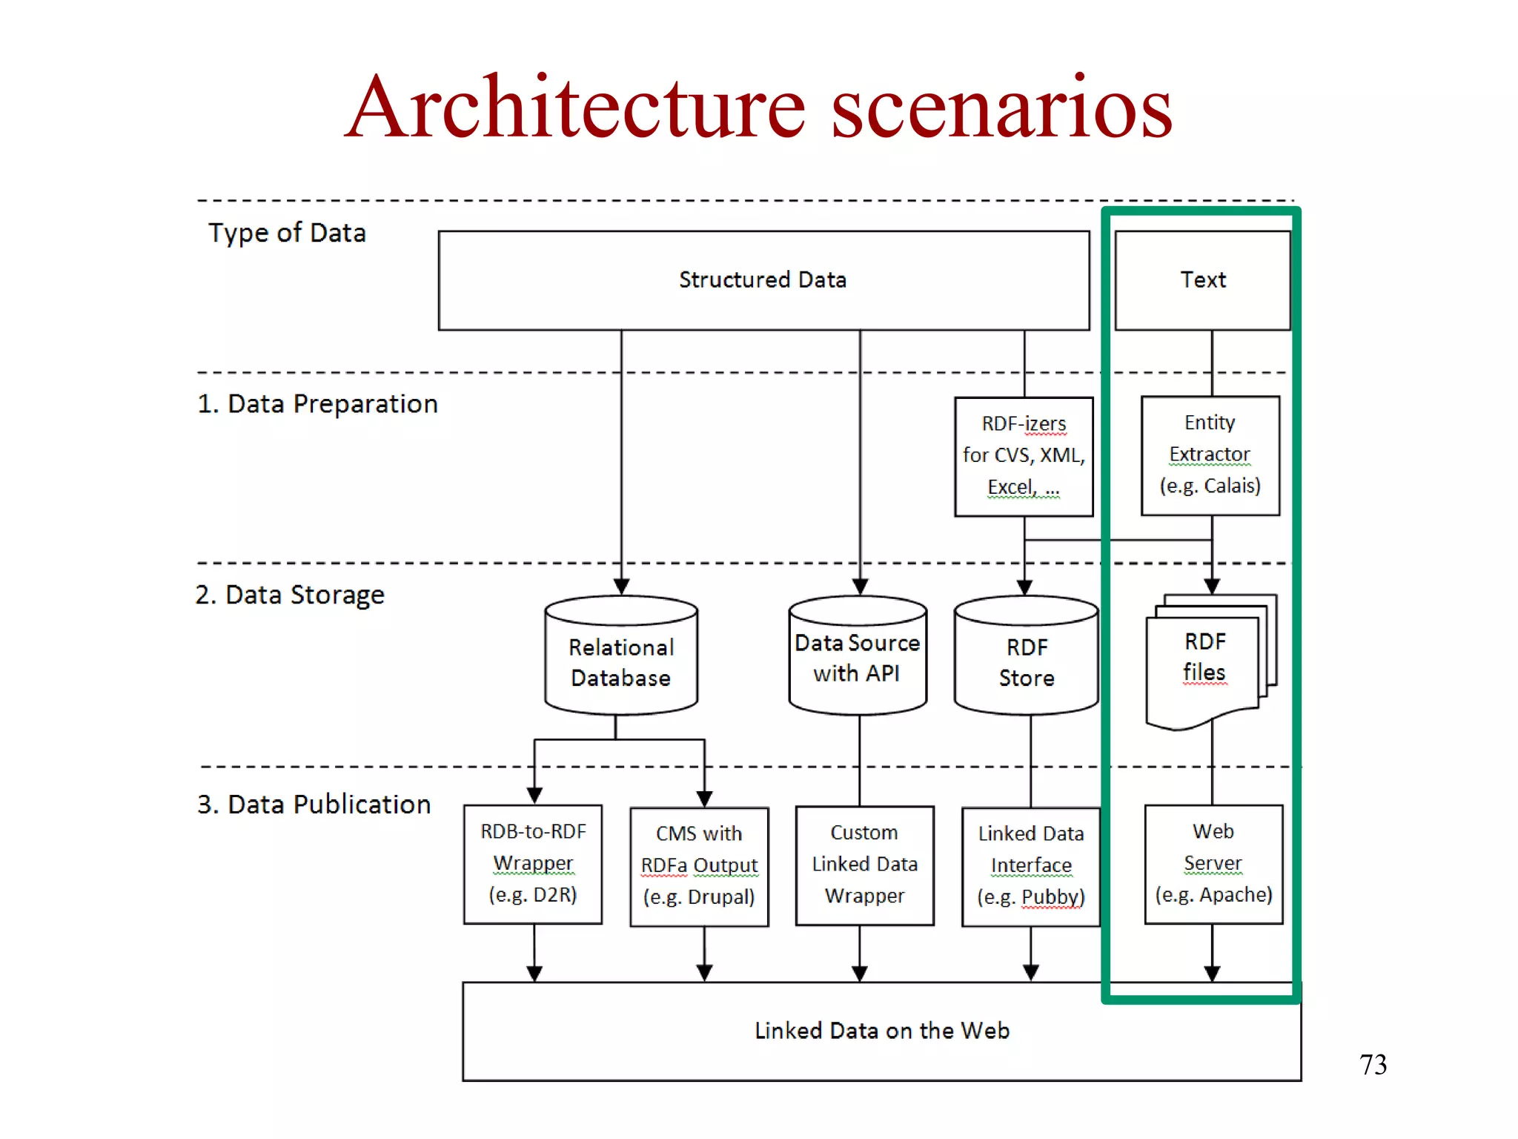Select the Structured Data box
pos(763,280)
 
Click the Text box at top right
pos(1202,280)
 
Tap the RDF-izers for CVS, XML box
pos(1024,456)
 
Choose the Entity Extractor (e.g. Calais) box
pos(1210,455)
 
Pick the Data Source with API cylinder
pos(858,658)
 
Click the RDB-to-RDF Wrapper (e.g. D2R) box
pos(533,864)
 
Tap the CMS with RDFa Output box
pos(699,866)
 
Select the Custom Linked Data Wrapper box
pos(864,865)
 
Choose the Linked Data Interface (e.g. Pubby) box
pos(1030,866)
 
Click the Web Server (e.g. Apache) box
pos(1213,864)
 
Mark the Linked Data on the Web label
pos(881,1031)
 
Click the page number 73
pos(1373,1065)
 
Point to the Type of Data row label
pos(287,233)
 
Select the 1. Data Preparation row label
pos(317,404)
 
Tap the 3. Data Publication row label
pos(314,805)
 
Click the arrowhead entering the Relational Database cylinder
pos(621,587)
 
